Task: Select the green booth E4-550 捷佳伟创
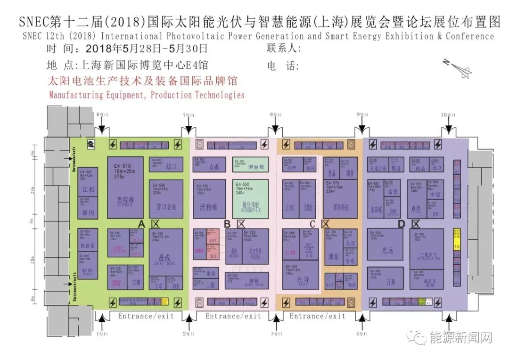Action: (250, 198)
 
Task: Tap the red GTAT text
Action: (116, 283)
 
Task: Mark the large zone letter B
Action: (227, 223)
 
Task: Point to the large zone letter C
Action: (312, 223)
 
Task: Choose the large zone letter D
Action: (401, 224)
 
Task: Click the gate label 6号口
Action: (102, 115)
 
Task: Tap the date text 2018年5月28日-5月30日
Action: (147, 48)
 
